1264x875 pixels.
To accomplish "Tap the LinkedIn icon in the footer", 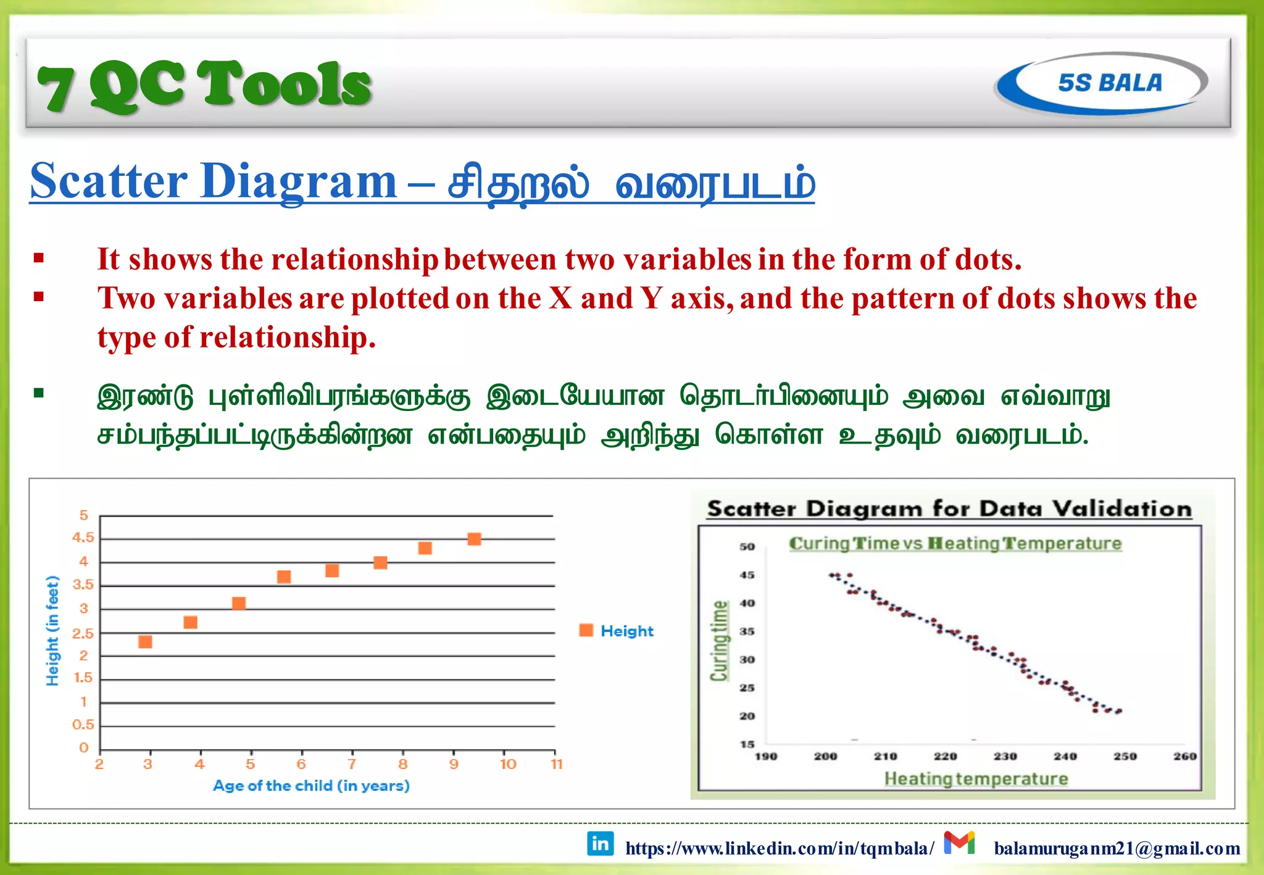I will pos(600,844).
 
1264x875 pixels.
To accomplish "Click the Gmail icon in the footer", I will pos(959,843).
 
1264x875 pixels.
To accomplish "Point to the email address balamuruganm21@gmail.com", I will pos(1116,848).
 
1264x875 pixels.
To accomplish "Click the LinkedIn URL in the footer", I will pos(779,848).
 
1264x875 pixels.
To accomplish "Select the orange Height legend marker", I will pos(586,630).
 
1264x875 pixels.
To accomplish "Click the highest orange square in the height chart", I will pos(474,539).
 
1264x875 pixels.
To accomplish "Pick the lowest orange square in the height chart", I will pos(145,642).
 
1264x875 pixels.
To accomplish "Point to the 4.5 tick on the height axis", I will pos(83,537).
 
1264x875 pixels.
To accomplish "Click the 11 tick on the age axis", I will pos(557,764).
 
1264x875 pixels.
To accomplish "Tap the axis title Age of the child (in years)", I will pos(311,786).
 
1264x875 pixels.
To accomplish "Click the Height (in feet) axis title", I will pos(53,630).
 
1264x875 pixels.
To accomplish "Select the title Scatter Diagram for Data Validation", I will pos(949,509).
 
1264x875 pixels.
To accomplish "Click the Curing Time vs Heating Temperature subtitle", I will pos(955,544).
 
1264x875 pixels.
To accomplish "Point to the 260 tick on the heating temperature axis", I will pos(1184,756).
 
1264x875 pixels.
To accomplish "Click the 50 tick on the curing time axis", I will pos(747,547).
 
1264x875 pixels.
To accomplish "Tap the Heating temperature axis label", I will pos(976,779).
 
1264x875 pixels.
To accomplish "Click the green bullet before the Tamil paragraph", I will pos(39,393).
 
